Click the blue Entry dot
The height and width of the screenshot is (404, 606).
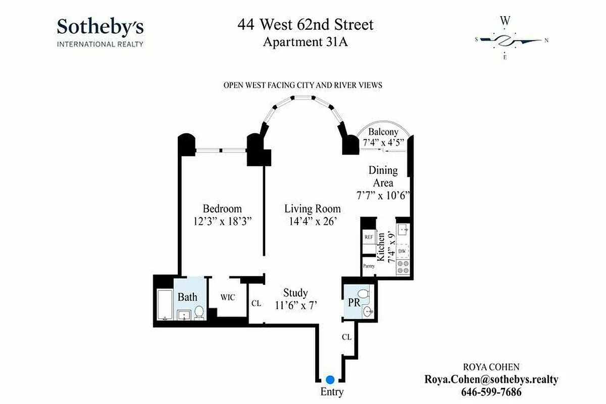pos(330,379)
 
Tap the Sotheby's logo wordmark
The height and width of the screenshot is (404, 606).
pos(100,26)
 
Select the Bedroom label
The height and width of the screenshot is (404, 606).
pos(222,209)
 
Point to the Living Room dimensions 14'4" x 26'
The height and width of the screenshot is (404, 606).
pos(312,222)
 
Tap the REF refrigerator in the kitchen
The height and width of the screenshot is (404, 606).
pos(368,236)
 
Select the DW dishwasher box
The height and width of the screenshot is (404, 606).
pos(402,251)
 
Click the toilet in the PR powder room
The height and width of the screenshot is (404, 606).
pos(364,294)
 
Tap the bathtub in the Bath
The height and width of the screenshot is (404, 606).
pos(165,305)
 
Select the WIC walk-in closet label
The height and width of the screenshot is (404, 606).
pos(228,297)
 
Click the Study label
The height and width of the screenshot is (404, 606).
pos(295,293)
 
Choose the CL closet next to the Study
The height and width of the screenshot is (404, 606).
pos(256,304)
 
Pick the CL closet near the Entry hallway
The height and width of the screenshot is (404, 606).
pos(346,337)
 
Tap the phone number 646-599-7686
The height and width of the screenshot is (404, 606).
pos(491,392)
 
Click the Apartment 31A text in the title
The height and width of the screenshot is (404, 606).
pos(305,42)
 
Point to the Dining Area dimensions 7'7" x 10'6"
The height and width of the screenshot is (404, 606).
pos(383,195)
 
